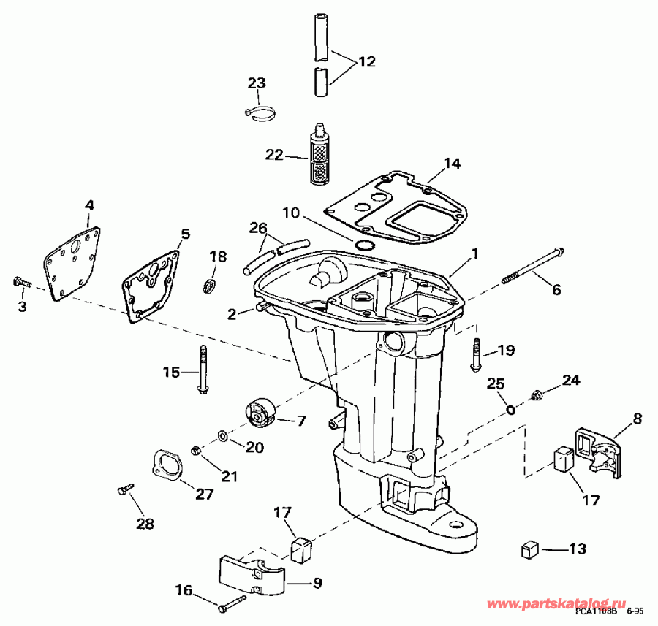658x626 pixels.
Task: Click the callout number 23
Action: click(x=256, y=83)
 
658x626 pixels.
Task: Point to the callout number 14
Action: click(x=453, y=164)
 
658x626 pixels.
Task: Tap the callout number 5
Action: click(x=185, y=234)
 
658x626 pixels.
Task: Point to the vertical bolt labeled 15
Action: click(x=200, y=369)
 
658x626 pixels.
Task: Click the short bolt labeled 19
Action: click(x=477, y=354)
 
